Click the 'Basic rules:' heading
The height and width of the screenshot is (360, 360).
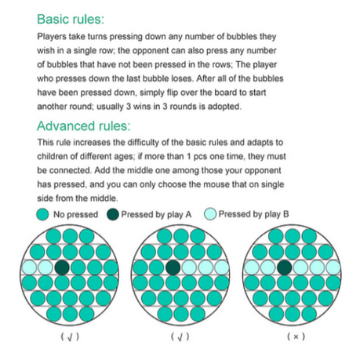(x=71, y=19)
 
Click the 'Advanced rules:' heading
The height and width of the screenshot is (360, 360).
(x=84, y=126)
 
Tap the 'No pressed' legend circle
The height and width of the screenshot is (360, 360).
(x=42, y=214)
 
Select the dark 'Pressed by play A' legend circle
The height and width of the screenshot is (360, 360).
(x=113, y=214)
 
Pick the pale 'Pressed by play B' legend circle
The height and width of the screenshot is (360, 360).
(x=210, y=214)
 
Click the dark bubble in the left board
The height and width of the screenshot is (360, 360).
(x=62, y=267)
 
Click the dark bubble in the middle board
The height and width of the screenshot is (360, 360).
(x=173, y=267)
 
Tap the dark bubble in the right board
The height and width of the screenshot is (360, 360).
(x=285, y=267)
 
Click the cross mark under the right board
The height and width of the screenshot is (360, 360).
(x=296, y=336)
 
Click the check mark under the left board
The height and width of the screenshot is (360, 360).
(x=70, y=337)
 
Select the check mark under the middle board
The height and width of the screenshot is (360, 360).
(x=180, y=337)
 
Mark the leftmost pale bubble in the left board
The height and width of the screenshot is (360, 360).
(x=29, y=267)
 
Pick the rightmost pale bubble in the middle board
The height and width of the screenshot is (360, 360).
(x=222, y=267)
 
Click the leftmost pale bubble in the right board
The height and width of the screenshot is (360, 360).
(x=251, y=267)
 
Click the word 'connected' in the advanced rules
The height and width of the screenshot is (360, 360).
(x=71, y=171)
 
